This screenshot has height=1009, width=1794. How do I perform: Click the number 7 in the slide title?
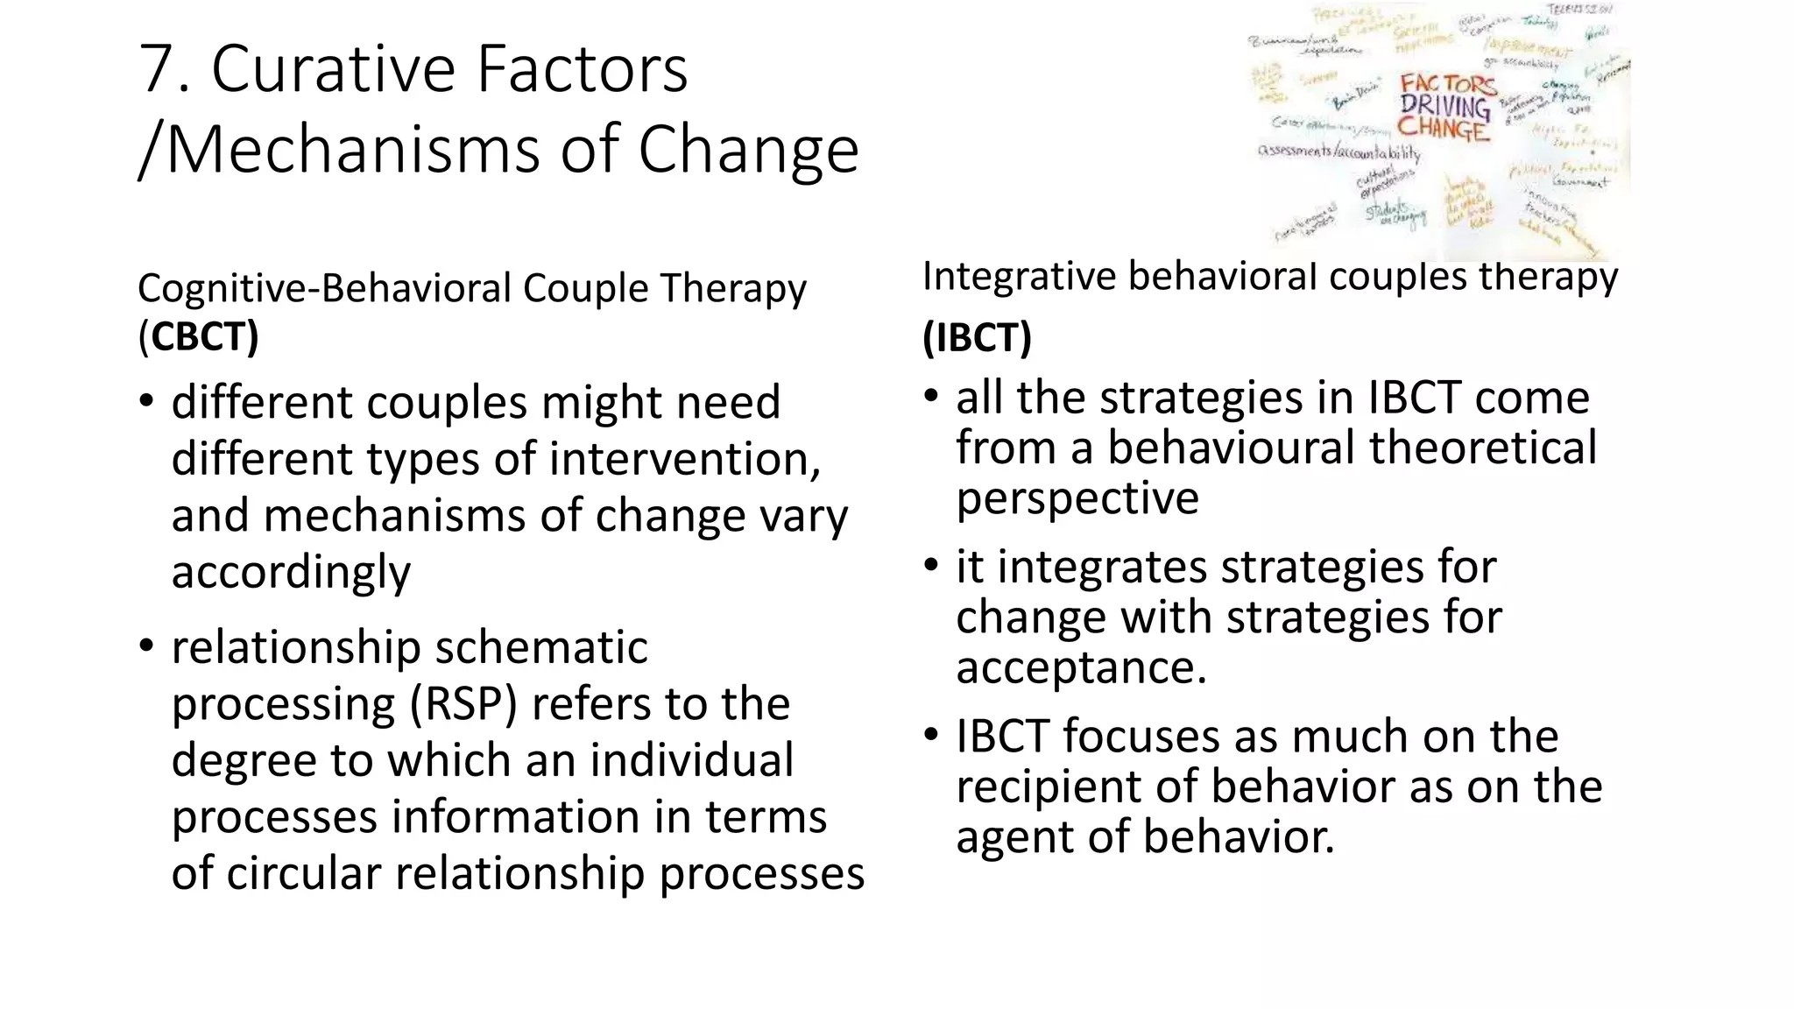coord(159,70)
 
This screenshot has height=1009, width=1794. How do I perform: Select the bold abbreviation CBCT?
coord(204,337)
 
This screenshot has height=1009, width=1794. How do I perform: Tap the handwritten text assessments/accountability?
coord(1338,152)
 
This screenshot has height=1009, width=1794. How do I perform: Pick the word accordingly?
coord(291,573)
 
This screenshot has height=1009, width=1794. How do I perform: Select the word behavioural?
coord(1230,448)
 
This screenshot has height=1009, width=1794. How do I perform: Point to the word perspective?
coord(1077,499)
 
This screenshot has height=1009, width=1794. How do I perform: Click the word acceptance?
coord(1080,667)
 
